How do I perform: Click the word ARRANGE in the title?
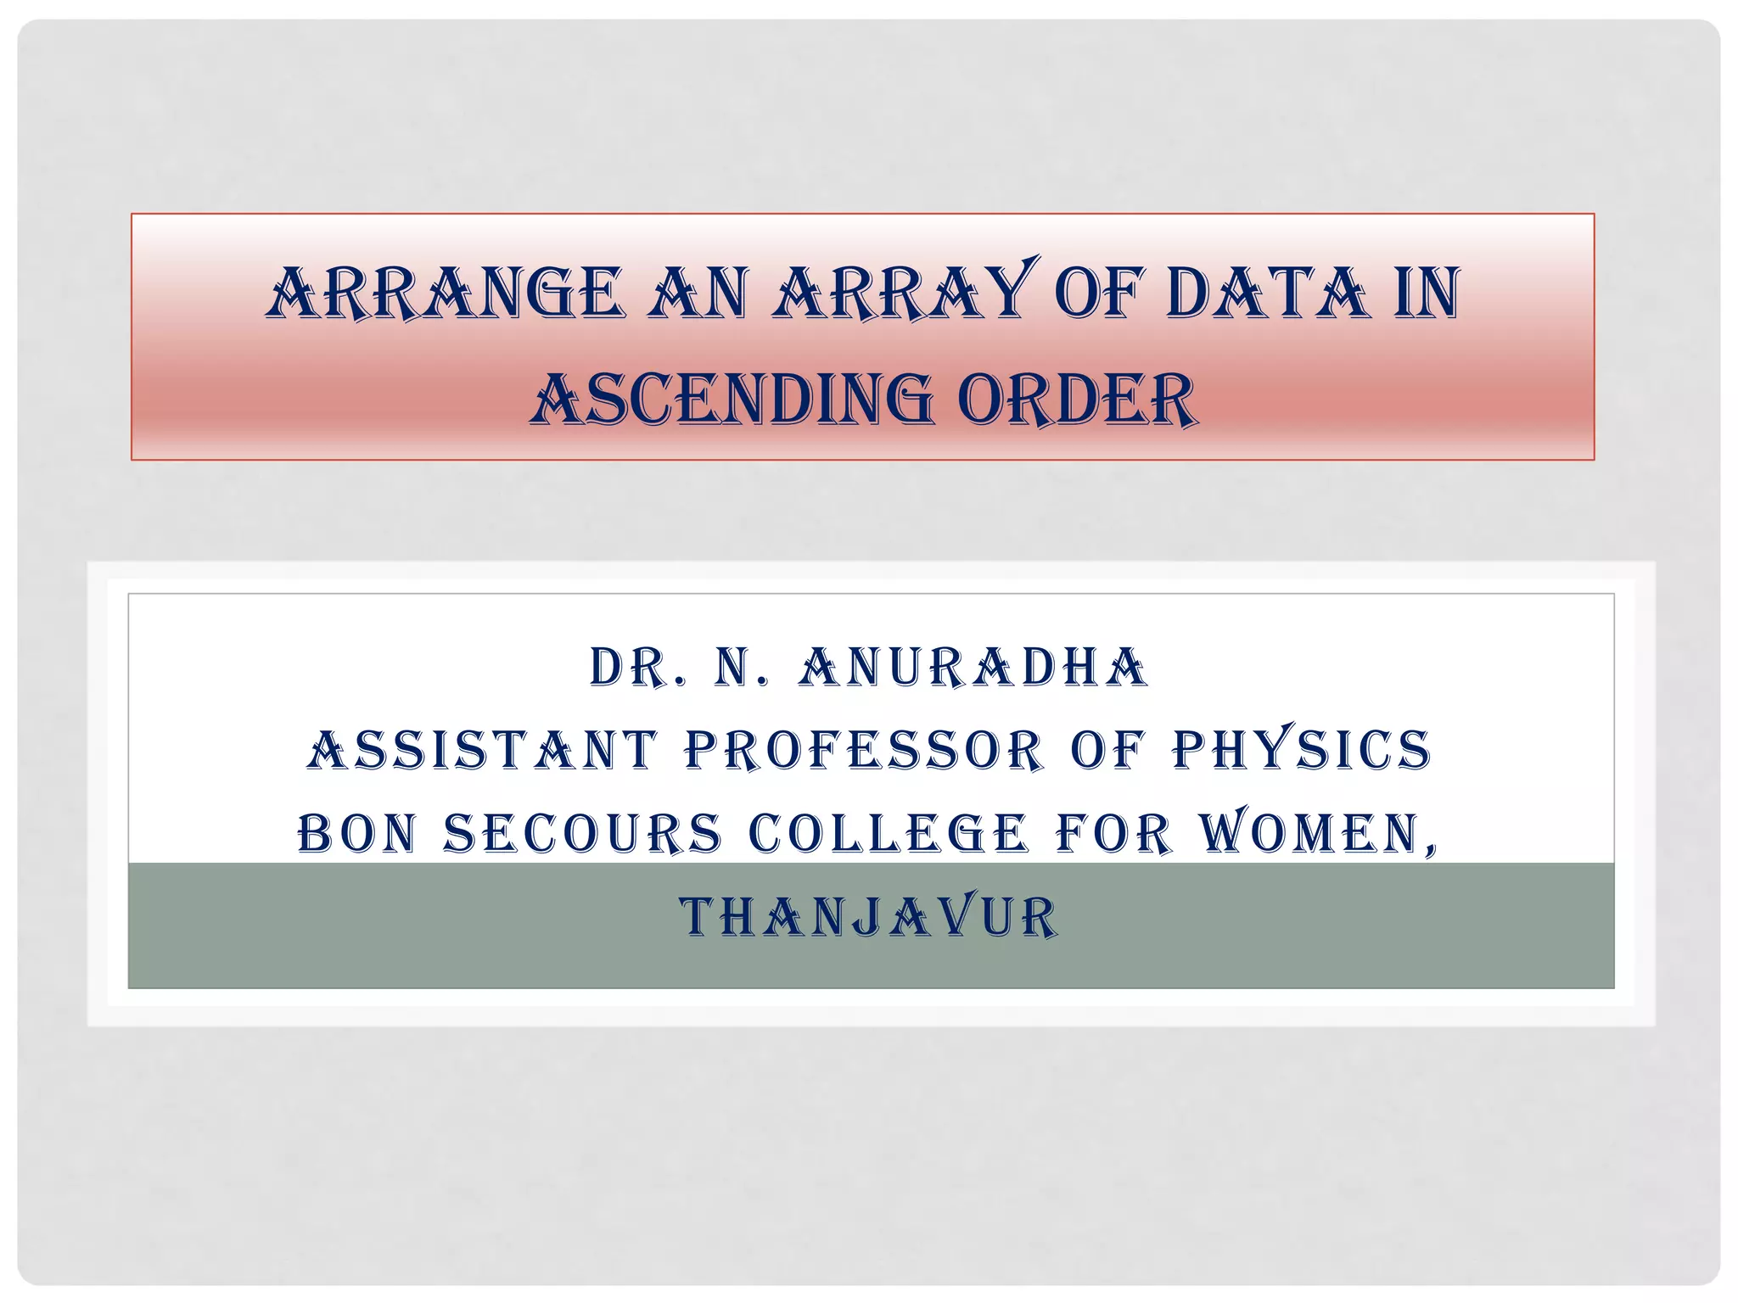[445, 294]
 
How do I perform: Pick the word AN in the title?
[698, 294]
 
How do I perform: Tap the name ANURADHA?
[973, 668]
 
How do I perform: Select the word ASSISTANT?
[482, 751]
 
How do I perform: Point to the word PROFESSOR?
[863, 751]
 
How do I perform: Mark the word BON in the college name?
[357, 833]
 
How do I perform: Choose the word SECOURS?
[582, 833]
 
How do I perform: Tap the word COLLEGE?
[888, 833]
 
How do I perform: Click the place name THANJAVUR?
[869, 918]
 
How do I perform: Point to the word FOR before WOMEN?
[1113, 833]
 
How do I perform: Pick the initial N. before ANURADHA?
[740, 668]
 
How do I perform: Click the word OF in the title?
[1100, 294]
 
